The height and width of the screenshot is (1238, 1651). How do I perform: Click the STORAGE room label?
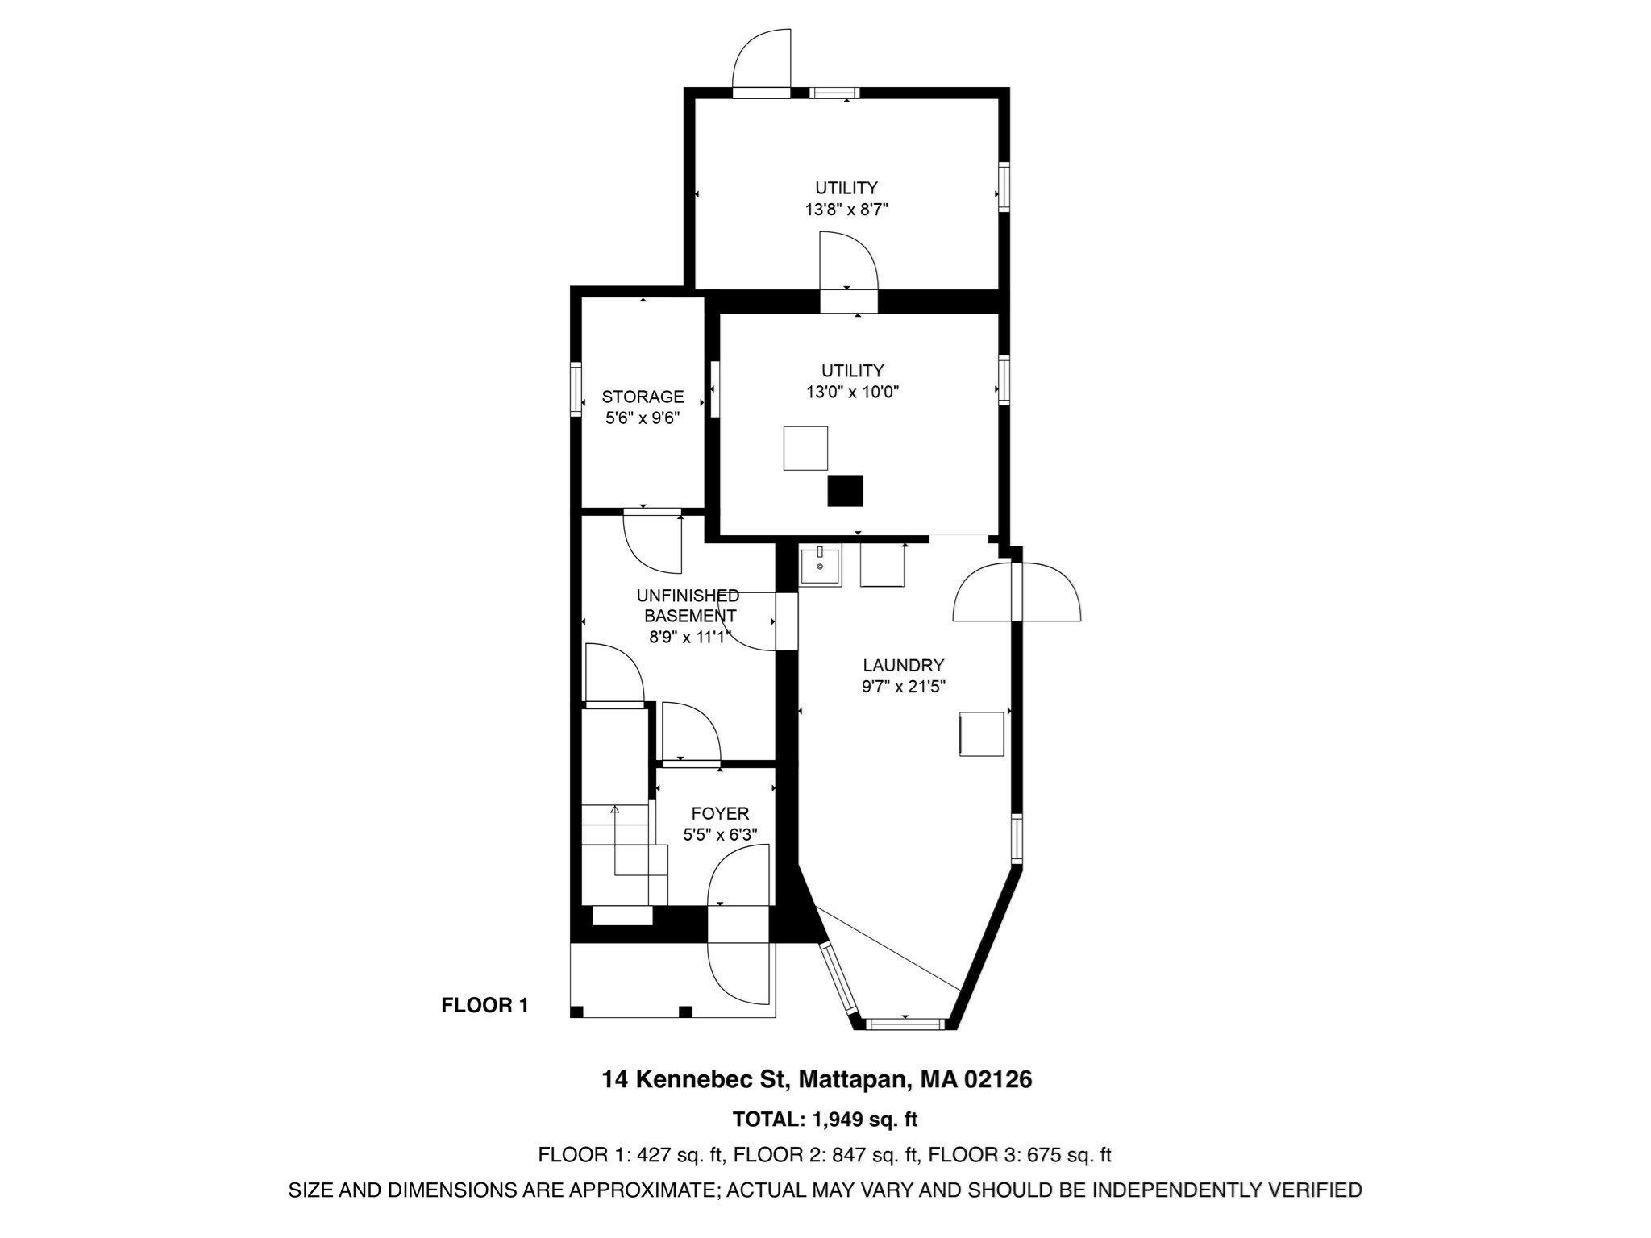click(643, 397)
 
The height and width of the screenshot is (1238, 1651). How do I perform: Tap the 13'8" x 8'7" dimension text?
click(846, 210)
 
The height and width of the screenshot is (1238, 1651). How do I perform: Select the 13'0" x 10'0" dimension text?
click(852, 393)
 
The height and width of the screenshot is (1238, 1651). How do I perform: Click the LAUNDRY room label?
click(903, 666)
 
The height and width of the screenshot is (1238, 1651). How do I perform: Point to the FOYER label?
click(720, 814)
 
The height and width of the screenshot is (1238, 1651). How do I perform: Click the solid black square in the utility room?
click(845, 491)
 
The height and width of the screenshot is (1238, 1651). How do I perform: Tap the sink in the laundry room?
click(820, 565)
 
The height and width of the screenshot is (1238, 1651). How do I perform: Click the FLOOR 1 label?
click(484, 1005)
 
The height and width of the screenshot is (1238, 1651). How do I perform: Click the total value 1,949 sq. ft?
click(865, 1120)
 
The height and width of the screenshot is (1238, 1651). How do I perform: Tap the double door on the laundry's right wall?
click(1017, 592)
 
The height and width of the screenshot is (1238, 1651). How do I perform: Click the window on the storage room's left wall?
click(576, 388)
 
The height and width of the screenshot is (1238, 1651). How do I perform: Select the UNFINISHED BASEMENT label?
click(688, 606)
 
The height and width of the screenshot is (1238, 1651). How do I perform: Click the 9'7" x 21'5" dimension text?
click(903, 688)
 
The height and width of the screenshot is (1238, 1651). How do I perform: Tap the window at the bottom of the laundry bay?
click(904, 1024)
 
